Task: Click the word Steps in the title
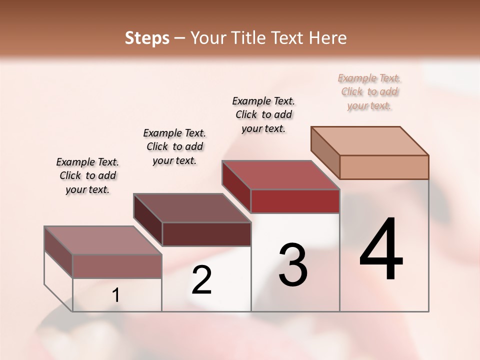pyautogui.click(x=147, y=38)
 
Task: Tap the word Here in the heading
pyautogui.click(x=327, y=38)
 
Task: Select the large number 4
pyautogui.click(x=381, y=250)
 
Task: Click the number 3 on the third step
pyautogui.click(x=292, y=265)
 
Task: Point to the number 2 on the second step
pyautogui.click(x=201, y=280)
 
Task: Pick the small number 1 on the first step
pyautogui.click(x=116, y=295)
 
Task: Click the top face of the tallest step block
pyautogui.click(x=370, y=140)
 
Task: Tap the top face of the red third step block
pyautogui.click(x=280, y=175)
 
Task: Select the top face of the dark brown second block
pyautogui.click(x=192, y=208)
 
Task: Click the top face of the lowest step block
pyautogui.click(x=103, y=240)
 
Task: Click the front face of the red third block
pyautogui.click(x=295, y=201)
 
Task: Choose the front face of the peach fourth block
pyautogui.click(x=384, y=167)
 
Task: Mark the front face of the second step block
pyautogui.click(x=206, y=234)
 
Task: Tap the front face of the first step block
pyautogui.click(x=117, y=266)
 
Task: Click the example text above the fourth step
pyautogui.click(x=369, y=91)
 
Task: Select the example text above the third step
pyautogui.click(x=263, y=114)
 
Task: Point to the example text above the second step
pyautogui.click(x=174, y=146)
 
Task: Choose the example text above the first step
pyautogui.click(x=87, y=175)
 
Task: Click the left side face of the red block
pyautogui.click(x=236, y=187)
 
